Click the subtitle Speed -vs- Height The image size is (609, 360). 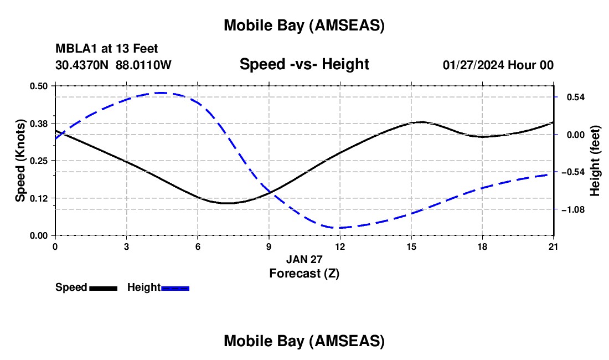click(304, 65)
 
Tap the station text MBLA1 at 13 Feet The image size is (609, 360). click(107, 49)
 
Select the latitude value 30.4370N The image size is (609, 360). click(82, 65)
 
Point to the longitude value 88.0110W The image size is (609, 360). click(144, 65)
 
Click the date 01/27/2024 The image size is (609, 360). click(473, 65)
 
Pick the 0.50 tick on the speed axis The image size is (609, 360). click(39, 86)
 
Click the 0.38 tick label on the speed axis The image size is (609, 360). click(39, 123)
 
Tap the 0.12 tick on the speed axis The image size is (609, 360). click(39, 198)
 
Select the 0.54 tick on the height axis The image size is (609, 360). click(571, 97)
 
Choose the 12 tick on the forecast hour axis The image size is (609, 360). click(340, 246)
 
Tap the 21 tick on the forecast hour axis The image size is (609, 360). click(554, 246)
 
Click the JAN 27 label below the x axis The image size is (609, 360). click(304, 259)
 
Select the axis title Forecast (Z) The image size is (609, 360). click(304, 273)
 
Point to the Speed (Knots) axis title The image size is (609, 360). click(20, 161)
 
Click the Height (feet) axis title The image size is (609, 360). click(596, 161)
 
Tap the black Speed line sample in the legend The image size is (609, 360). click(104, 288)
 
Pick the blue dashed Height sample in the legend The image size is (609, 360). click(176, 288)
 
